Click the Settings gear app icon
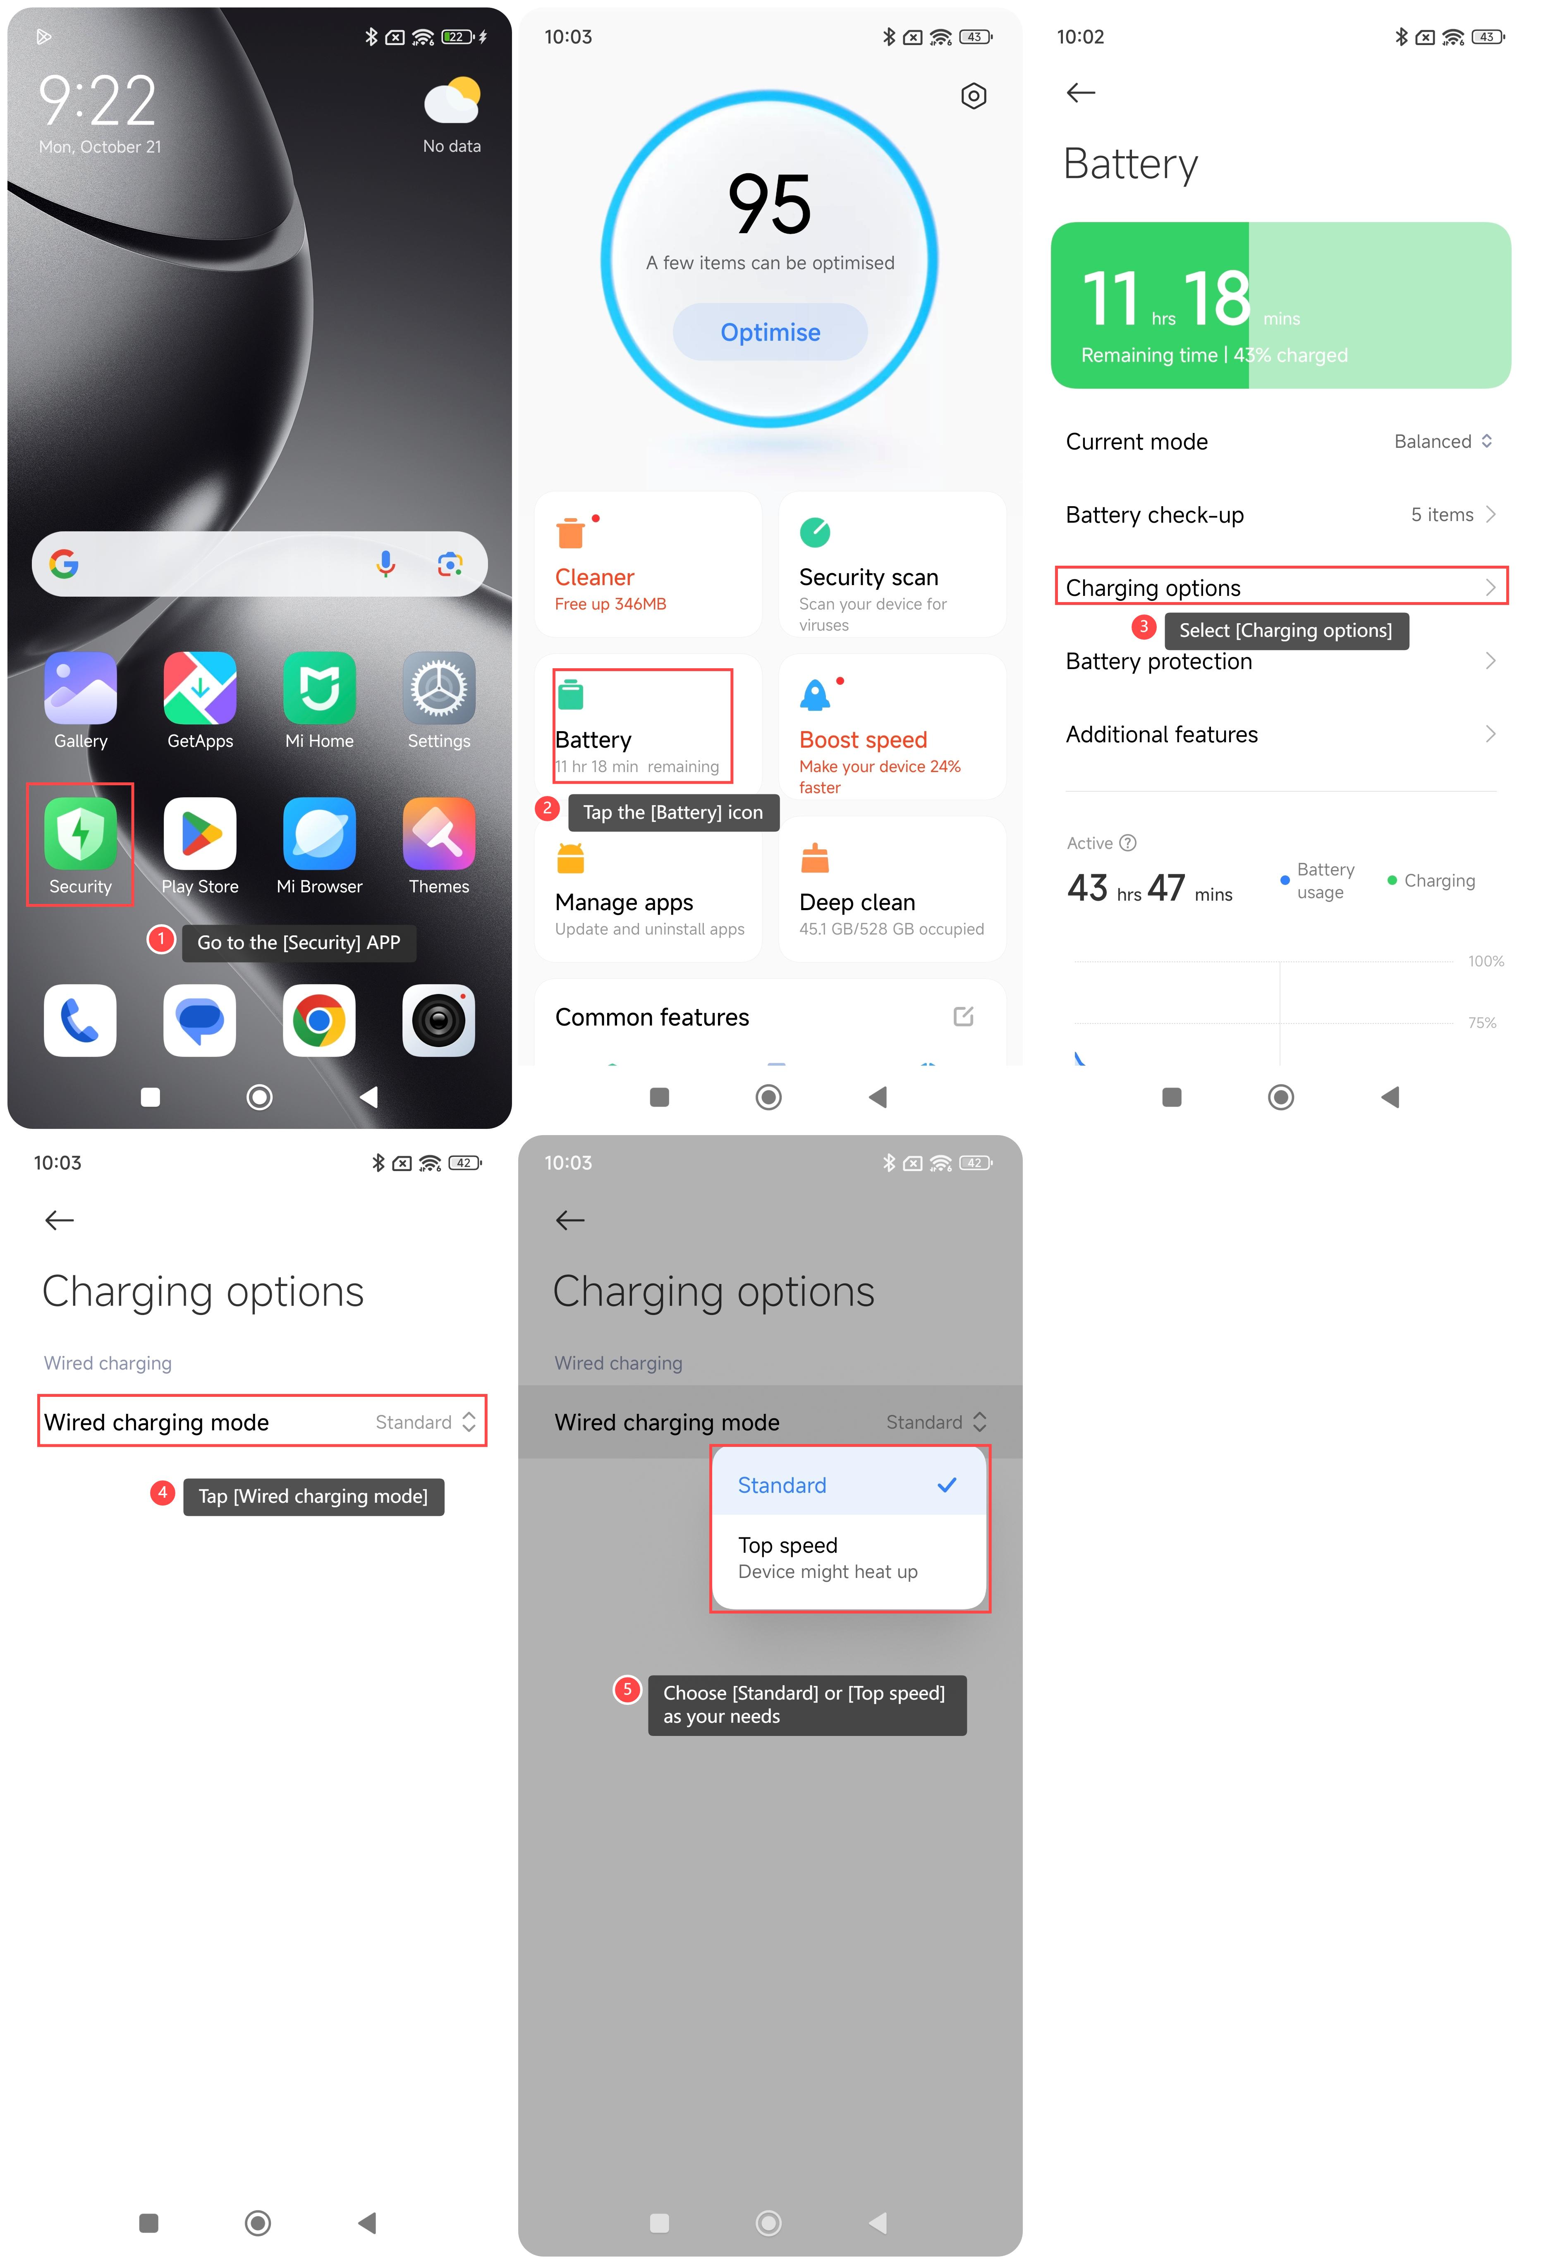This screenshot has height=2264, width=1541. [x=438, y=688]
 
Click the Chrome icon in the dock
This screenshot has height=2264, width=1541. [x=320, y=1020]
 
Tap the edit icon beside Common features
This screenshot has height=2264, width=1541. [x=963, y=1016]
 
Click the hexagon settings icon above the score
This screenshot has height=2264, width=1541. [x=973, y=96]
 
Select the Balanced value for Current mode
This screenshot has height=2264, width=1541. [x=1433, y=441]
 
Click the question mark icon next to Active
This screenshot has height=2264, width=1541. [x=1128, y=843]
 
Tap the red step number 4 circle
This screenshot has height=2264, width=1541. [x=162, y=1492]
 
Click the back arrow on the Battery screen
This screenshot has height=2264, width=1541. [x=1081, y=93]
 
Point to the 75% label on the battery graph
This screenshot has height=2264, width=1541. [x=1481, y=1022]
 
